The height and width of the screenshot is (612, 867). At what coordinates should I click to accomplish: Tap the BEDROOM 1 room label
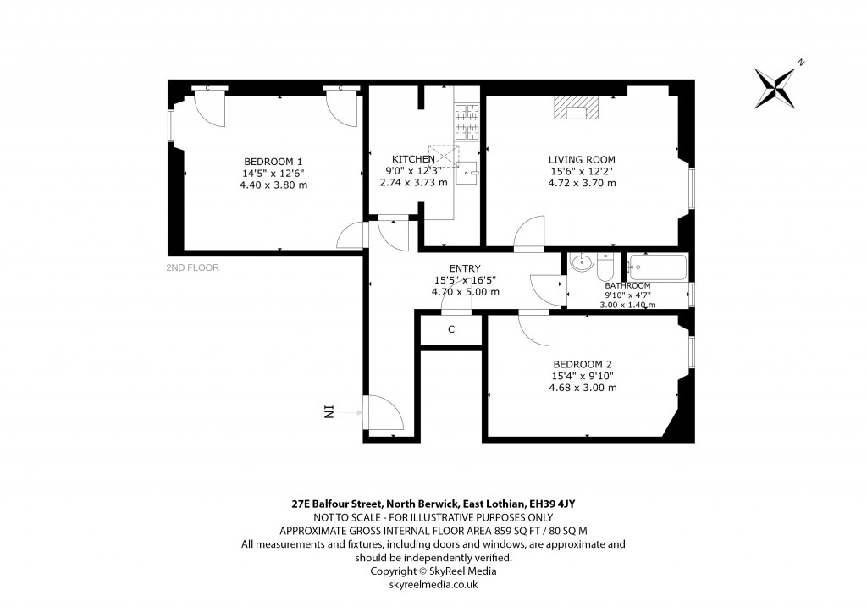(273, 161)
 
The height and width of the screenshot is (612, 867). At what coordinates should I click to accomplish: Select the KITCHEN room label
(413, 159)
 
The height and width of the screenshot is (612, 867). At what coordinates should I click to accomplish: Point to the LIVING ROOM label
(582, 159)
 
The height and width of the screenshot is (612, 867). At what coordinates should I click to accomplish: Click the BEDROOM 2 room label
(582, 364)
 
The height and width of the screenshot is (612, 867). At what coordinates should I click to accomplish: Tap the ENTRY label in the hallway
(465, 268)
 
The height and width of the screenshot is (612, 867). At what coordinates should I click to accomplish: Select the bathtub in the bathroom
(658, 268)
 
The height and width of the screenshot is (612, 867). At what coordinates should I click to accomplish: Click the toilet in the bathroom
(605, 267)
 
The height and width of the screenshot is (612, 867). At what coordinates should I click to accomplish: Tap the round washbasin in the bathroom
(581, 263)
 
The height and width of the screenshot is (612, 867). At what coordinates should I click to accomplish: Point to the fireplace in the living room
(576, 108)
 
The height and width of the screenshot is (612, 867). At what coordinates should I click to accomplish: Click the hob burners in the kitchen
(467, 121)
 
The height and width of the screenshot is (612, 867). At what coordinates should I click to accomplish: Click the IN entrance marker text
(329, 412)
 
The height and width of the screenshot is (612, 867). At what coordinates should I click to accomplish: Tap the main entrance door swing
(384, 414)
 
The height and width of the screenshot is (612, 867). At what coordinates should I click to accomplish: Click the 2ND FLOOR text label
(193, 268)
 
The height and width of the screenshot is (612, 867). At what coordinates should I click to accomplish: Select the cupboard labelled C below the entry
(451, 329)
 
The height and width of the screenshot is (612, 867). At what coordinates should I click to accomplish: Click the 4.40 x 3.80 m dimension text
(273, 185)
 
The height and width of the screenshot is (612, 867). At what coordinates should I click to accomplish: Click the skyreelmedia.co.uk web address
(433, 584)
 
